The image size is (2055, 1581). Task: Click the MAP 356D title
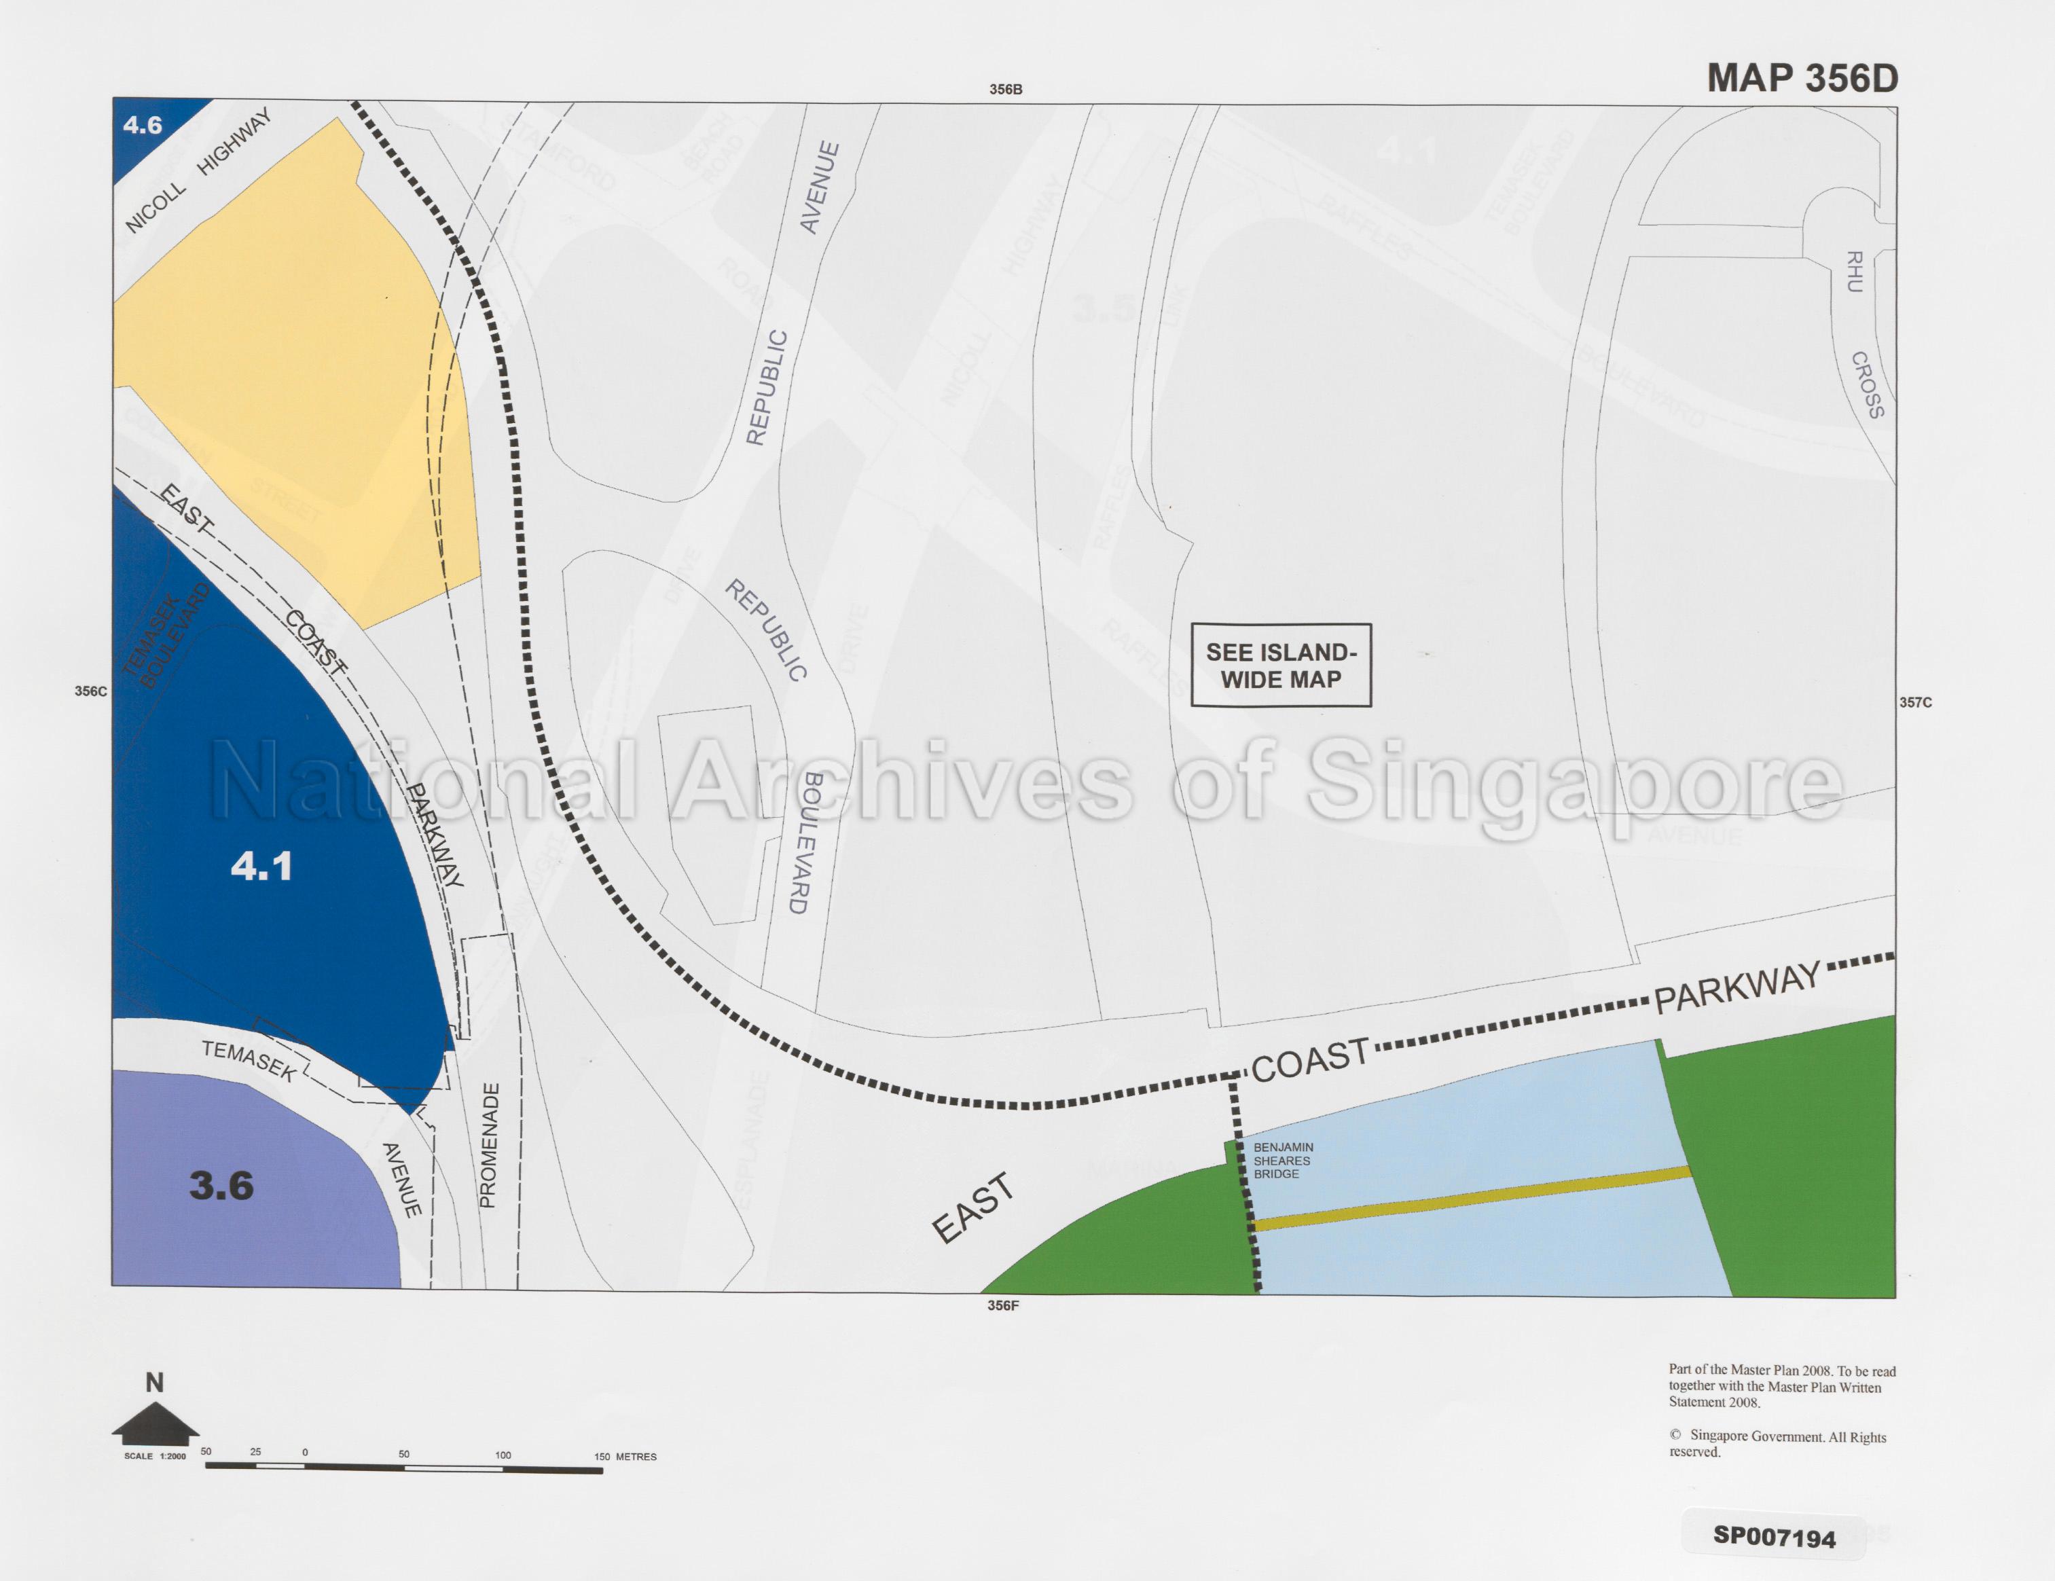(x=1802, y=78)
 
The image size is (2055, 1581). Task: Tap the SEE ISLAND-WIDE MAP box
(x=1281, y=666)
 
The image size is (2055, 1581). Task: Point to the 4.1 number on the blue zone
(x=261, y=866)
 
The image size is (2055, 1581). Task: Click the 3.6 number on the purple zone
(x=221, y=1186)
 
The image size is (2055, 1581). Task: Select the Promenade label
(x=489, y=1145)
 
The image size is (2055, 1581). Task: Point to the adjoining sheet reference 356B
(x=1005, y=90)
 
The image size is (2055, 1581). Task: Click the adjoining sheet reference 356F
(x=1002, y=1305)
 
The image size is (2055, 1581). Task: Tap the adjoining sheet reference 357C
(x=1915, y=702)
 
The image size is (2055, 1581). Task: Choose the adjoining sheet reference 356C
(x=90, y=691)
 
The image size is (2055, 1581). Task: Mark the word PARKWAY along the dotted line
(x=1737, y=987)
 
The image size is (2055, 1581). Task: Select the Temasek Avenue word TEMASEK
(x=249, y=1061)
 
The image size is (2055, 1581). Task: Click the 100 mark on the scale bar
(x=503, y=1455)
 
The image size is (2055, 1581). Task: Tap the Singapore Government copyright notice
(x=1777, y=1444)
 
